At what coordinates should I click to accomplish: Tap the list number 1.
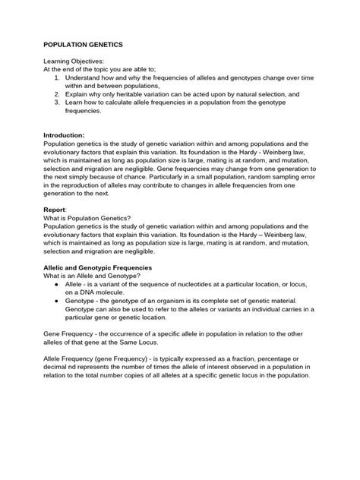pos(58,77)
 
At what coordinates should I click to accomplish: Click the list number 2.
pos(58,94)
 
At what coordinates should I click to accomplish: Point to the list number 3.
pos(58,103)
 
